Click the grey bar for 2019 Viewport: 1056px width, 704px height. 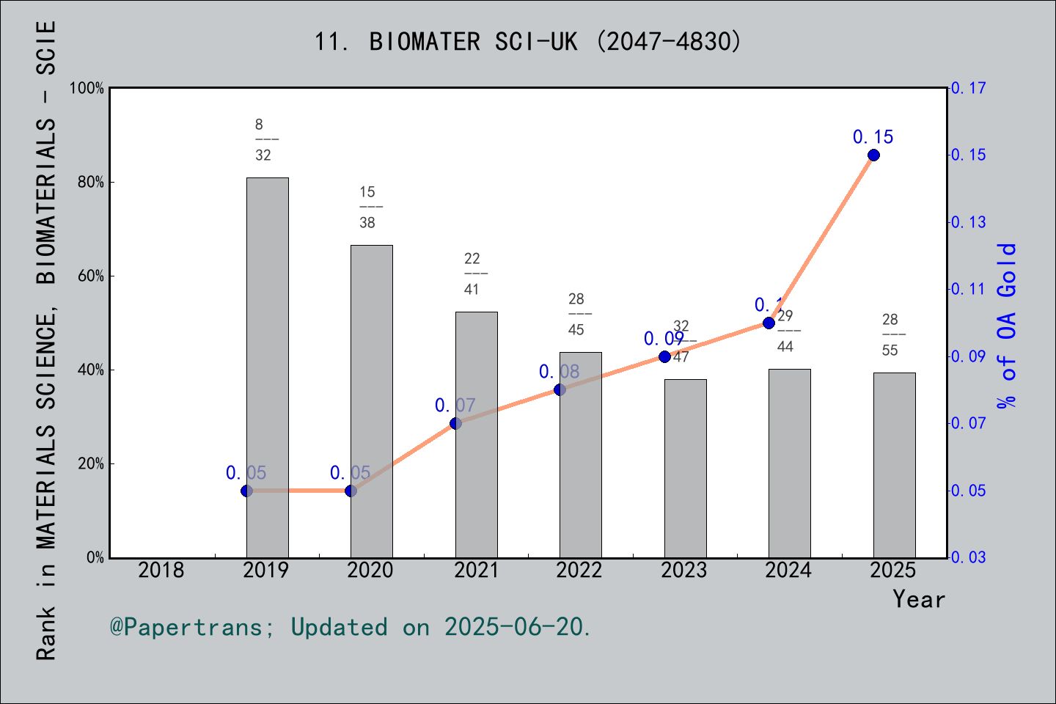pyautogui.click(x=267, y=367)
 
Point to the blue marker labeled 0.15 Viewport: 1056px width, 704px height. pyautogui.click(x=873, y=155)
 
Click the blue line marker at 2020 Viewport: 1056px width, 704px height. pyautogui.click(x=351, y=491)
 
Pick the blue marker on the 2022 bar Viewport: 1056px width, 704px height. pyautogui.click(x=560, y=389)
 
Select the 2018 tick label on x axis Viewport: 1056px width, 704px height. pyautogui.click(x=161, y=570)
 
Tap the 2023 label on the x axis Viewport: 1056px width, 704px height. pyautogui.click(x=683, y=570)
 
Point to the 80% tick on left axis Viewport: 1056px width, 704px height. pyautogui.click(x=91, y=183)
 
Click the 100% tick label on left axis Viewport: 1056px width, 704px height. pyautogui.click(x=87, y=89)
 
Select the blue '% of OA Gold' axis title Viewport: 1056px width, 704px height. pyautogui.click(x=1007, y=326)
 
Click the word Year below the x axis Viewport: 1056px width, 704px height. pyautogui.click(x=918, y=599)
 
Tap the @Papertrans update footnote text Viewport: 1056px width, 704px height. pyautogui.click(x=351, y=627)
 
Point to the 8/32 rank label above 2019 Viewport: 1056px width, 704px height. pyautogui.click(x=264, y=139)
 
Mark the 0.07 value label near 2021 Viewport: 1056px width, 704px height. pyautogui.click(x=455, y=406)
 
